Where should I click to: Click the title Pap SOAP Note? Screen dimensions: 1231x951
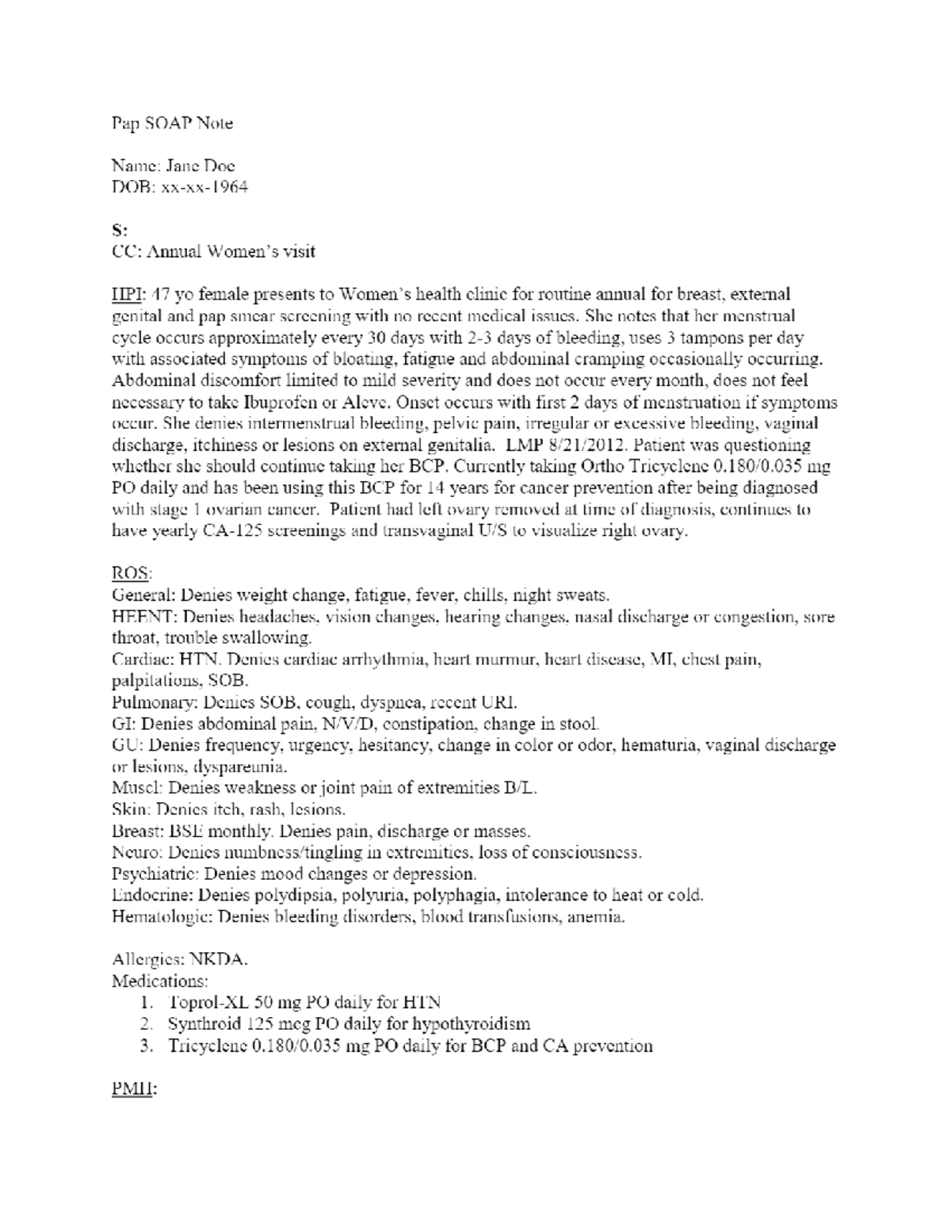172,124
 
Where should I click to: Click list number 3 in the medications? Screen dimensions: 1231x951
145,1046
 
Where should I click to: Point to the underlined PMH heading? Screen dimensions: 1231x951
134,1089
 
